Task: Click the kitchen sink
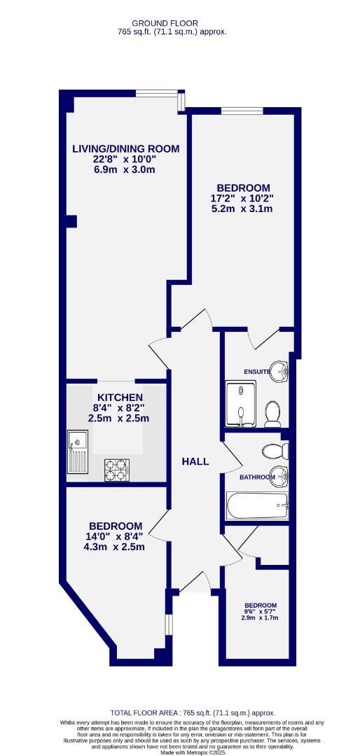pos(78,452)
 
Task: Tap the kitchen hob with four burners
pos(116,469)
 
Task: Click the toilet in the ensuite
pos(273,416)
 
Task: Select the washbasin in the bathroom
pos(279,475)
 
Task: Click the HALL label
pos(195,461)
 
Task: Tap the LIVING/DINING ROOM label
pos(126,148)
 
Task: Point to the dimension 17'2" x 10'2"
pos(242,198)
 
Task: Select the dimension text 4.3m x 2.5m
pos(116,547)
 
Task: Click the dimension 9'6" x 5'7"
pos(260,612)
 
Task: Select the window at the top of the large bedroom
pos(242,111)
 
